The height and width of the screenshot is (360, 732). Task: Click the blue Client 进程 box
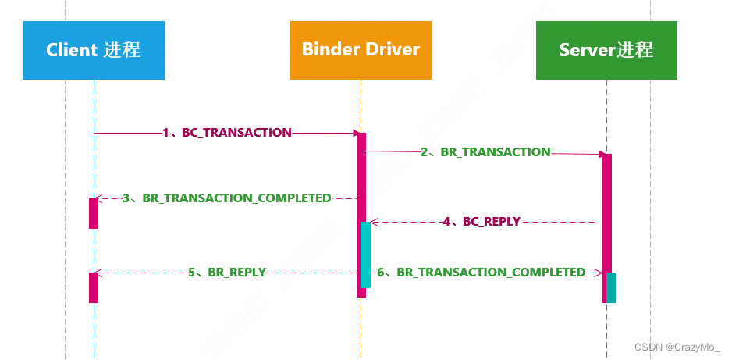pyautogui.click(x=94, y=50)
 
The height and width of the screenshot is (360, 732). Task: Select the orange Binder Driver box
pyautogui.click(x=361, y=50)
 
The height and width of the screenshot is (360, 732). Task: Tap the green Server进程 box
pyautogui.click(x=606, y=50)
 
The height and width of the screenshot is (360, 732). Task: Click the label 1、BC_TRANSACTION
pyautogui.click(x=227, y=133)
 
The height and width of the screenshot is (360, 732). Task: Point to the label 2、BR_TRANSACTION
pyautogui.click(x=485, y=152)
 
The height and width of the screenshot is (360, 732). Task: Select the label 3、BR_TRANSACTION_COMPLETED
pyautogui.click(x=226, y=198)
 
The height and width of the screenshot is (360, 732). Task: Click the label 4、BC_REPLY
pyautogui.click(x=481, y=222)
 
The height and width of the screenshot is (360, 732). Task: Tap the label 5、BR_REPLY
pyautogui.click(x=226, y=273)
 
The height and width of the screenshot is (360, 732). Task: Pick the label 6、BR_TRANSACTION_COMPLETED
pyautogui.click(x=481, y=273)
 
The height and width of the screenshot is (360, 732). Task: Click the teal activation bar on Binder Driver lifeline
pyautogui.click(x=365, y=255)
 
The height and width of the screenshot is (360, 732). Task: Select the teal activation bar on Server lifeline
pyautogui.click(x=611, y=287)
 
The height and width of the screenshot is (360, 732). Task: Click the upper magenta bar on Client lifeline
pyautogui.click(x=94, y=213)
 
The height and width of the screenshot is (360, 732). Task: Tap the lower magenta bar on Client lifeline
pyautogui.click(x=94, y=287)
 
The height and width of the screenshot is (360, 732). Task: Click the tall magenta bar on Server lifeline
pyautogui.click(x=606, y=211)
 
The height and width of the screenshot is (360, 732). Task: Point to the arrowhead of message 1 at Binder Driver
pyautogui.click(x=354, y=134)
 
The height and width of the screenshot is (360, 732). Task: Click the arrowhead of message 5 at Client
pyautogui.click(x=98, y=273)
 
